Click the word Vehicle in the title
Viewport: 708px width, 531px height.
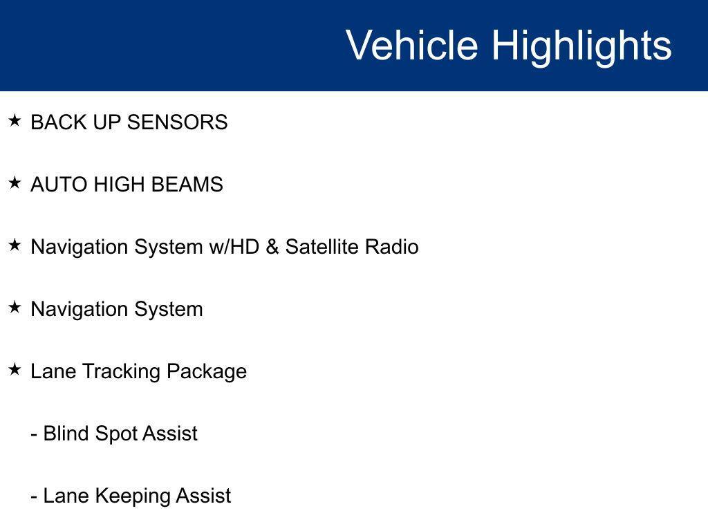[x=412, y=45]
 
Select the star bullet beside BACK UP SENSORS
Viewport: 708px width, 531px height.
[x=15, y=120]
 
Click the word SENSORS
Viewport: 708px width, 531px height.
[x=178, y=122]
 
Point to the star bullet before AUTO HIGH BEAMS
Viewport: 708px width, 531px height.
[x=15, y=183]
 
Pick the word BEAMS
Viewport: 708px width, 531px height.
[x=187, y=185]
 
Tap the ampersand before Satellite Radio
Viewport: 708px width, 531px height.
[x=272, y=247]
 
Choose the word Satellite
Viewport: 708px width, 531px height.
[x=322, y=247]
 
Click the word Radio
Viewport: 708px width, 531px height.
[x=392, y=247]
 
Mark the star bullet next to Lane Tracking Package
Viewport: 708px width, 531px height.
[x=15, y=370]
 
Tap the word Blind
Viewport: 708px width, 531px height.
[x=66, y=434]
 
